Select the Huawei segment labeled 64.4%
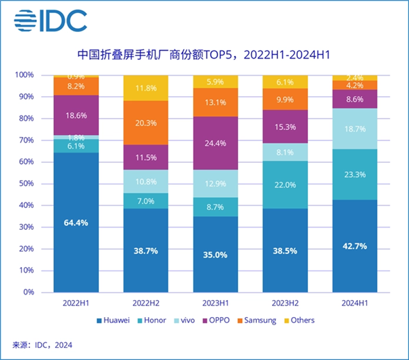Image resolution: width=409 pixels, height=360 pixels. (x=76, y=222)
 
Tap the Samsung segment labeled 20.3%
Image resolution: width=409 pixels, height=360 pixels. (x=146, y=123)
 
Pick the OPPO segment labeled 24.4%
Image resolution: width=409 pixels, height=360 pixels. (x=215, y=143)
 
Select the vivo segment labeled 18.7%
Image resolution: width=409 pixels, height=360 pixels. (x=354, y=129)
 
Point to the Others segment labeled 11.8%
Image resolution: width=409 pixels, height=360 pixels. (x=146, y=88)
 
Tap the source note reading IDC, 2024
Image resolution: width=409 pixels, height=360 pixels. (x=42, y=345)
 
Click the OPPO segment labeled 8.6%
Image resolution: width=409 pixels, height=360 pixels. (x=354, y=99)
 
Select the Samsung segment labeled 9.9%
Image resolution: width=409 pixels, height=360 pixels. (x=285, y=100)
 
